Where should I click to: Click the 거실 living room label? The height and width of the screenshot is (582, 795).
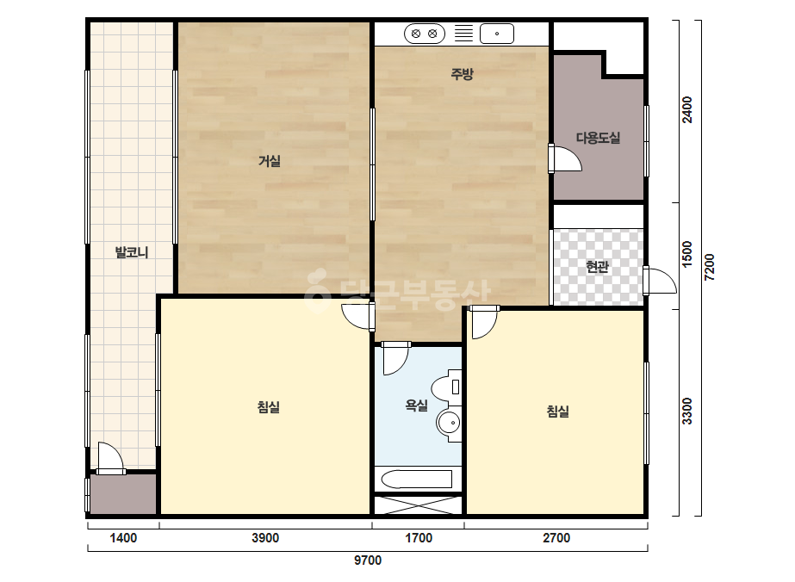pyautogui.click(x=270, y=161)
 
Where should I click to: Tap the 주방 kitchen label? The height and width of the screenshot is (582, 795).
pyautogui.click(x=462, y=74)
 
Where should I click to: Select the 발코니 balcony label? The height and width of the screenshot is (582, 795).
pyautogui.click(x=132, y=252)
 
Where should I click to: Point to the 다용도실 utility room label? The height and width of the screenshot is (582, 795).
pyautogui.click(x=599, y=138)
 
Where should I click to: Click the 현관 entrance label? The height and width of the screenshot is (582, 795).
pyautogui.click(x=597, y=266)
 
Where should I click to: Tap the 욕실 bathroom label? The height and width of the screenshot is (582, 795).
pyautogui.click(x=416, y=406)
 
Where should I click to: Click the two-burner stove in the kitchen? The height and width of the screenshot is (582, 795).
pyautogui.click(x=425, y=34)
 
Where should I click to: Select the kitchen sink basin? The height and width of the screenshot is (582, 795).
pyautogui.click(x=497, y=34)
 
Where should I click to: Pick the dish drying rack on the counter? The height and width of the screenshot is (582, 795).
pyautogui.click(x=463, y=34)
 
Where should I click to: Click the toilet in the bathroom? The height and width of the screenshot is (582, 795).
pyautogui.click(x=447, y=387)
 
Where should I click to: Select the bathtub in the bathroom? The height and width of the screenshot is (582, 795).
pyautogui.click(x=416, y=479)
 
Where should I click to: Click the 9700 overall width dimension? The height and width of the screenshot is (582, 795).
pyautogui.click(x=368, y=560)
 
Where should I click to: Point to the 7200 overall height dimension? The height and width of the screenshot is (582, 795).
pyautogui.click(x=710, y=267)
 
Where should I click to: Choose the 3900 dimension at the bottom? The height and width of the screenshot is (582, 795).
pyautogui.click(x=265, y=538)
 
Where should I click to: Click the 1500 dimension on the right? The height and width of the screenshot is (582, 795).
pyautogui.click(x=687, y=255)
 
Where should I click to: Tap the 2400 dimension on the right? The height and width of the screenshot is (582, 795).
pyautogui.click(x=687, y=109)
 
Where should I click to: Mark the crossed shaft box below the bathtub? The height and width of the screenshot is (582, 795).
pyautogui.click(x=419, y=505)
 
